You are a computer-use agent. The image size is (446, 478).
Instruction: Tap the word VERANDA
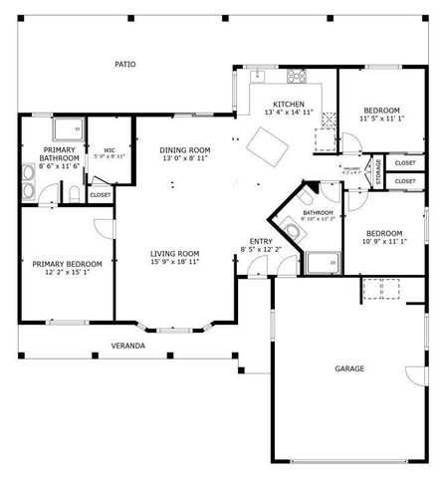tap(128, 346)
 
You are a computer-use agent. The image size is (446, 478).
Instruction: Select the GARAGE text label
tap(348, 368)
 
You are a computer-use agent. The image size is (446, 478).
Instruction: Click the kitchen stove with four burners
tap(295, 78)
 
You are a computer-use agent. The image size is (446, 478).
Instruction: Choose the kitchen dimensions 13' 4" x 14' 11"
tap(289, 114)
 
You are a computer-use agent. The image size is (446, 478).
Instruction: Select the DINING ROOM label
tap(184, 149)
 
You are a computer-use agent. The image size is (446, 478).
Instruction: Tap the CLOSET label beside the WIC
tap(101, 195)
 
